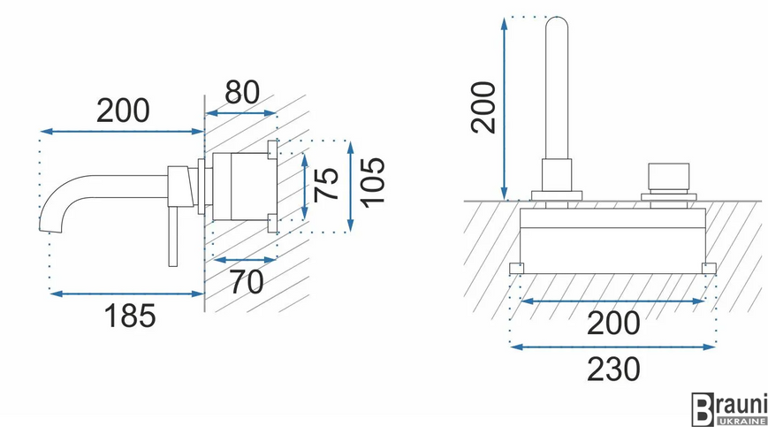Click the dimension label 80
click(x=242, y=93)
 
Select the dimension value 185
click(x=130, y=316)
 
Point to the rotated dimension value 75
click(x=326, y=184)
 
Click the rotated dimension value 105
click(x=372, y=182)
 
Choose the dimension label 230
click(x=613, y=370)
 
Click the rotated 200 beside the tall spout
click(x=483, y=107)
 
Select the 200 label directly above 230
click(x=613, y=324)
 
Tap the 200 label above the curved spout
click(x=123, y=111)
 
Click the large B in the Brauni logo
click(x=703, y=409)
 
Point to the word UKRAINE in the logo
click(x=741, y=421)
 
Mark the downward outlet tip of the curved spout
click(x=51, y=229)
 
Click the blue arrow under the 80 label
click(x=241, y=113)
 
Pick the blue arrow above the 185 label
click(x=127, y=294)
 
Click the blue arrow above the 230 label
click(x=613, y=347)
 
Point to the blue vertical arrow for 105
click(x=350, y=186)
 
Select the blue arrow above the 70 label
click(x=246, y=260)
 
